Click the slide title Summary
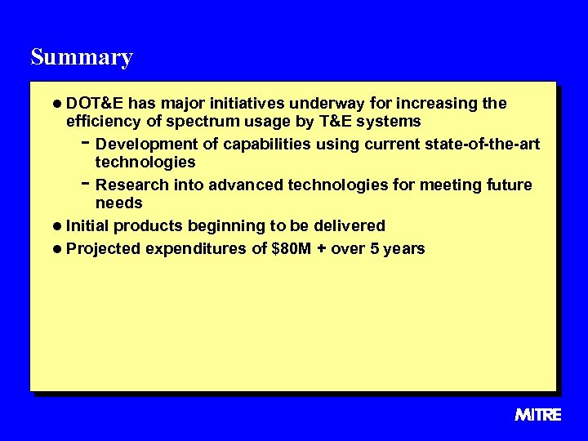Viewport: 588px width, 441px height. click(81, 57)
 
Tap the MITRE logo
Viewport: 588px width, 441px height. click(538, 415)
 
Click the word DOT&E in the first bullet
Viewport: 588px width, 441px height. click(95, 104)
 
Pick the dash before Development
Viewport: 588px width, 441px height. click(86, 143)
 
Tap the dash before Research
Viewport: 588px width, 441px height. click(86, 184)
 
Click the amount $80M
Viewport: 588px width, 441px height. click(291, 249)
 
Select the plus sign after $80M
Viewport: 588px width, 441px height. click(323, 249)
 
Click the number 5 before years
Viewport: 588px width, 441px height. click(375, 249)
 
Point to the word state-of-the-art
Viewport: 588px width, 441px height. click(483, 145)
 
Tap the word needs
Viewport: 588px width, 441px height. click(119, 203)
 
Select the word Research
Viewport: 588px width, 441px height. click(130, 185)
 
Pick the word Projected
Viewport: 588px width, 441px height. click(104, 249)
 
